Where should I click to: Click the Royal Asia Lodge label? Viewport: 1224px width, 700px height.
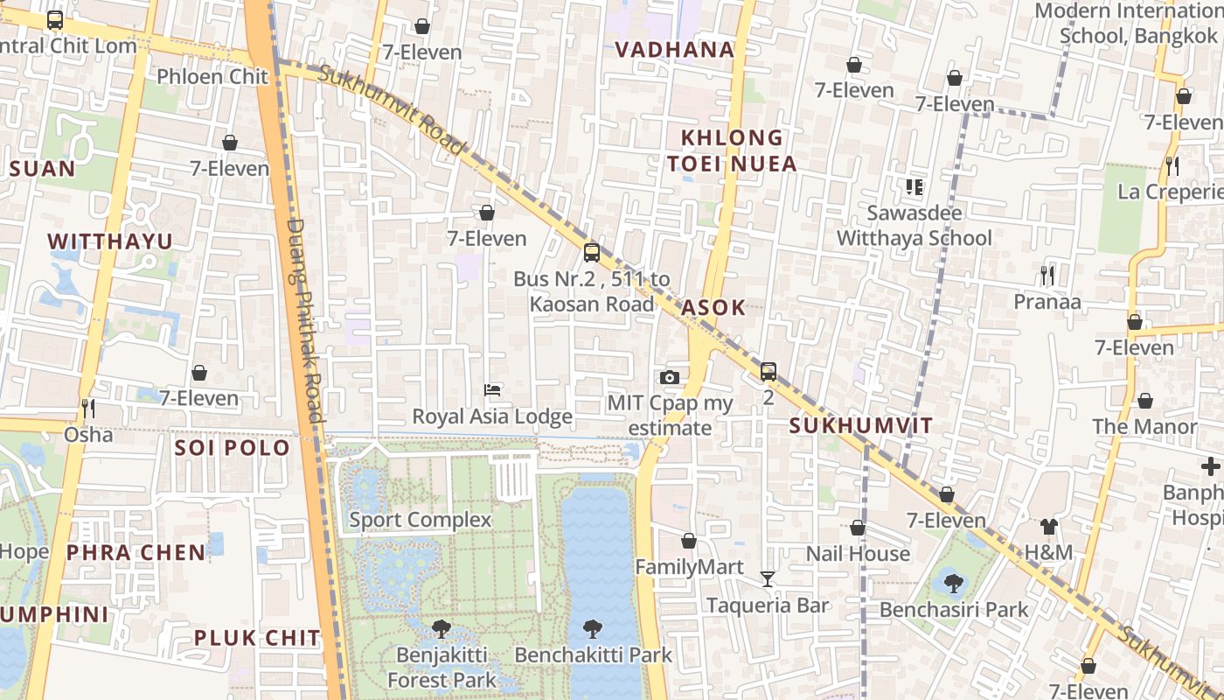(492, 416)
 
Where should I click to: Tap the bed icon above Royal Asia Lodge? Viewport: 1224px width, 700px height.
(492, 389)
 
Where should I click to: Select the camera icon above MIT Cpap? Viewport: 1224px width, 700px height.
(670, 377)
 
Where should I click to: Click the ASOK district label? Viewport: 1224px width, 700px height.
(713, 307)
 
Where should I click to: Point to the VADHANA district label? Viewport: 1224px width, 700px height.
(674, 50)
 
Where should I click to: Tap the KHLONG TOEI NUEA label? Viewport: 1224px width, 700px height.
(732, 150)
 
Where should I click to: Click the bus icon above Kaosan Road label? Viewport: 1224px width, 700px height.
(592, 253)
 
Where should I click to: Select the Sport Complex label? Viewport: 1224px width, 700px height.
(421, 520)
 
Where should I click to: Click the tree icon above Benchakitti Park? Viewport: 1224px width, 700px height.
(593, 628)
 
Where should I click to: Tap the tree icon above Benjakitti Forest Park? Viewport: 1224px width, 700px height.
(442, 628)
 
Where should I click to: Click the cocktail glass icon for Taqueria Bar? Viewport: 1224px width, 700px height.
(768, 578)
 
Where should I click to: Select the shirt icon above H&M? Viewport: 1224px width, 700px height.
(1048, 526)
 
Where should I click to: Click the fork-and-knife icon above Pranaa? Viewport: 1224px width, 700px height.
(1047, 276)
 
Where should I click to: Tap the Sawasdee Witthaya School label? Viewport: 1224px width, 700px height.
(915, 226)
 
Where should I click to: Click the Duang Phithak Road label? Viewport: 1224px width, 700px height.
(306, 319)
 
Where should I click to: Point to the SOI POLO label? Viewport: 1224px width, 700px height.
(232, 448)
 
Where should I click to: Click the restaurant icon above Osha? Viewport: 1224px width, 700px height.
(87, 408)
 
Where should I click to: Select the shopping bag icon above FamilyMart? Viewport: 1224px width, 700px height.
(689, 541)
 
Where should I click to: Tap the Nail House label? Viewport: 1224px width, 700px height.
(858, 554)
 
